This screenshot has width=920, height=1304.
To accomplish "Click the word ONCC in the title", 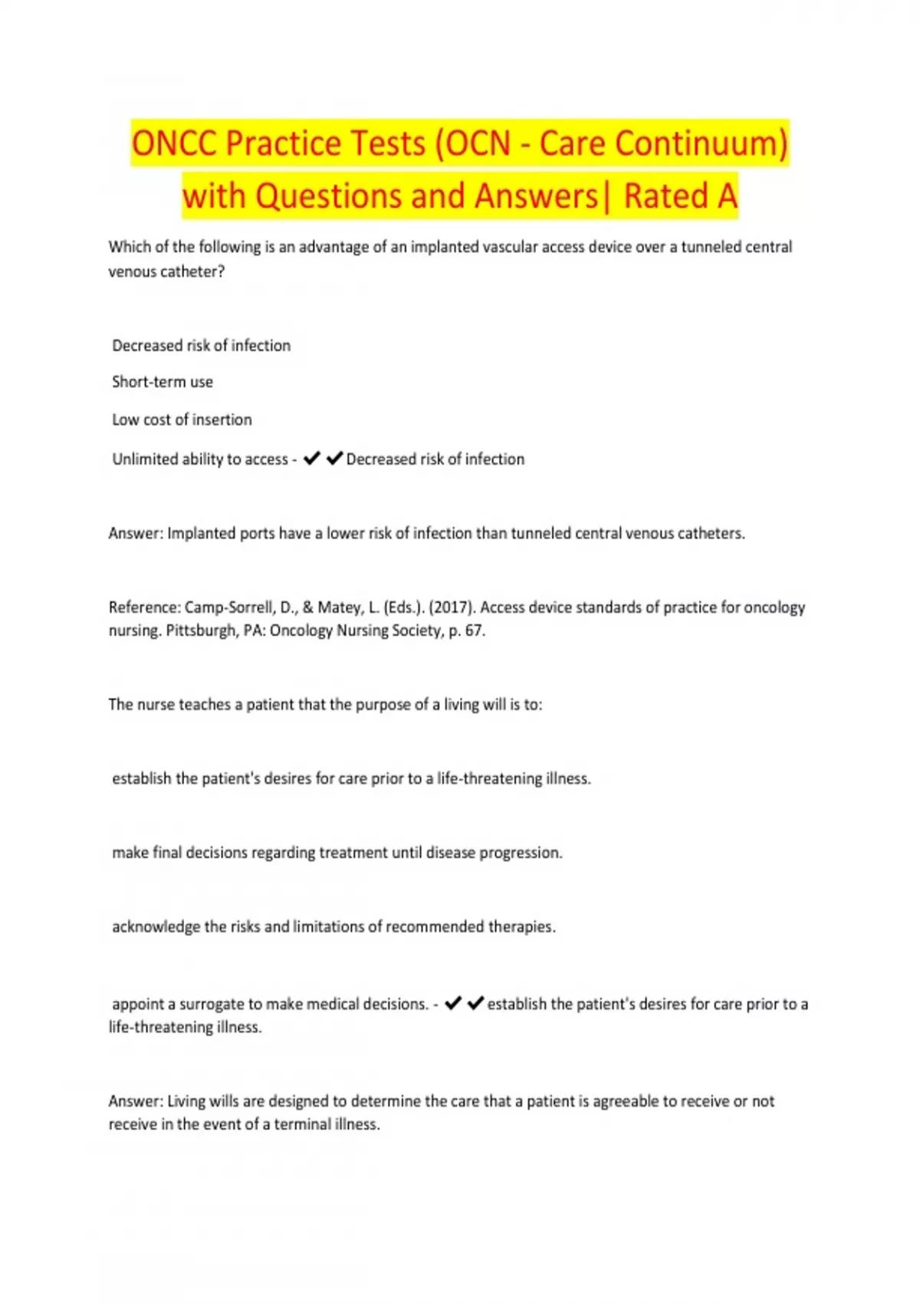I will click(173, 143).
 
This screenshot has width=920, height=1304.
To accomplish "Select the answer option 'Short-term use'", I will click(163, 382).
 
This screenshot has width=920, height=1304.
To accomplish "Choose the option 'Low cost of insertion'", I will click(182, 420).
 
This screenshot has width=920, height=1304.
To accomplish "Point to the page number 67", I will click(473, 631).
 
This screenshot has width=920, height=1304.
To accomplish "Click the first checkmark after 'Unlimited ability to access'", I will click(311, 459).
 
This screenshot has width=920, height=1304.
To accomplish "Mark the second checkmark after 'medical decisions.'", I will click(475, 1003).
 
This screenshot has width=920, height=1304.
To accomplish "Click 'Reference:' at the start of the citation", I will click(144, 608).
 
